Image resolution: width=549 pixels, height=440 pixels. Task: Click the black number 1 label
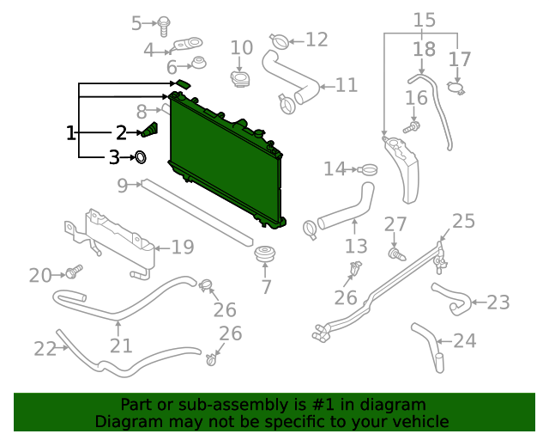(71, 132)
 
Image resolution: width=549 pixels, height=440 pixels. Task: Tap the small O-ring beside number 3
(141, 157)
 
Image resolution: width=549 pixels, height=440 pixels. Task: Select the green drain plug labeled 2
(150, 131)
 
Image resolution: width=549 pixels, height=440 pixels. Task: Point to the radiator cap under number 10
(240, 79)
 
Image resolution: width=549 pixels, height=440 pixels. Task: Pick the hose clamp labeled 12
(280, 40)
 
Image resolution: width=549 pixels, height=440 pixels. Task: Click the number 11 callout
(346, 85)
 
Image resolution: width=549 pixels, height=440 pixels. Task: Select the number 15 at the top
(425, 20)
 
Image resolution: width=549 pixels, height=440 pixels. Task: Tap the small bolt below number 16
(414, 127)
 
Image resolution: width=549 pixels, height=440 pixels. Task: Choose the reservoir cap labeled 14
(368, 168)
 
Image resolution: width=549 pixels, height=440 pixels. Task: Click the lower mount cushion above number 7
(266, 255)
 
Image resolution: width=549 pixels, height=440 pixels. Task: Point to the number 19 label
(182, 247)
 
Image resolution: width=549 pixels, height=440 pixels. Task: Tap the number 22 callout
(45, 348)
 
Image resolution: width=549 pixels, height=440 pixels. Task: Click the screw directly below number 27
(396, 254)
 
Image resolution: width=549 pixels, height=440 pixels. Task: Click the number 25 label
(463, 222)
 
